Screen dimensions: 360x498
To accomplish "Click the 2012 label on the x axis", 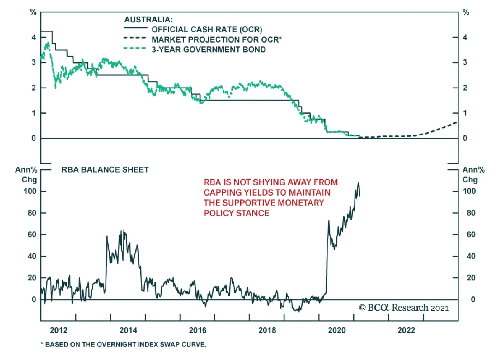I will (x=59, y=330).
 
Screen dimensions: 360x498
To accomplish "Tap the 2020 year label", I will (x=337, y=330).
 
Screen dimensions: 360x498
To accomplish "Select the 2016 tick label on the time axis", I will (x=198, y=330).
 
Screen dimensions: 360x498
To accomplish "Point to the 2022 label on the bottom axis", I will (x=406, y=330).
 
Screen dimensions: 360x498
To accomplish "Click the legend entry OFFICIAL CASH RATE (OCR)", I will (x=207, y=30).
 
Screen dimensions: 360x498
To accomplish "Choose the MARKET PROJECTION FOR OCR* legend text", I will (x=217, y=40).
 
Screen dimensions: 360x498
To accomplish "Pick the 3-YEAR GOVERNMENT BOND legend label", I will (x=209, y=50).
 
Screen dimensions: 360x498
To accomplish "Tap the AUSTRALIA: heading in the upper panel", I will (x=148, y=20).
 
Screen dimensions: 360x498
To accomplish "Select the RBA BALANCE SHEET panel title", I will (x=105, y=170).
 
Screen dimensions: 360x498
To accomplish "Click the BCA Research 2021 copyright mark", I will (x=404, y=308).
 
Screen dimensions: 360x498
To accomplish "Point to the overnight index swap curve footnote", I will (x=124, y=344).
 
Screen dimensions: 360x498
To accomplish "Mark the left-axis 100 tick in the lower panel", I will (x=30, y=191).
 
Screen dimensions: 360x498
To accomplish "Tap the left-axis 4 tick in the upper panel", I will (x=34, y=37).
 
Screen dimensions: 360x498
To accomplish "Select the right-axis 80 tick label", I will (x=471, y=213).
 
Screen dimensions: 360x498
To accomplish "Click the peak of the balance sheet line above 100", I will (x=358, y=183).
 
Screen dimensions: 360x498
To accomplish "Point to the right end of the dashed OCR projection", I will (x=457, y=122).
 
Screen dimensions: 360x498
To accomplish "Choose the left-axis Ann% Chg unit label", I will (x=26, y=175).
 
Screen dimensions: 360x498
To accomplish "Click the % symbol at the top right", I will (x=466, y=12).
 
